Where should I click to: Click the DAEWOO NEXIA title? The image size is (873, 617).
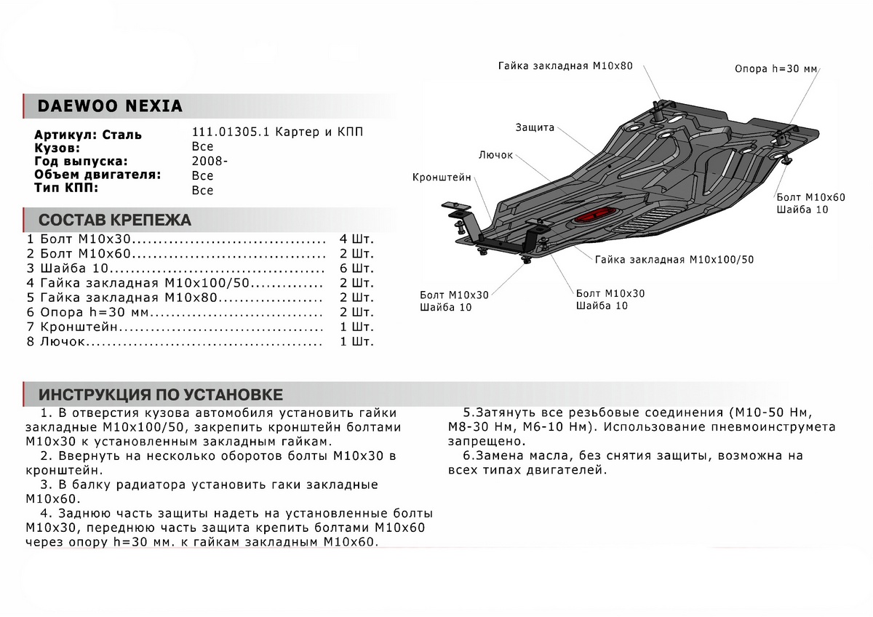(x=110, y=106)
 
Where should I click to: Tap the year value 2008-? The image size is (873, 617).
(x=210, y=162)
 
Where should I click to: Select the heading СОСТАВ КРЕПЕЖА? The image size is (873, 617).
(x=115, y=220)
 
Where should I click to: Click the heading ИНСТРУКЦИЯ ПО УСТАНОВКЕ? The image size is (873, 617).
(x=161, y=395)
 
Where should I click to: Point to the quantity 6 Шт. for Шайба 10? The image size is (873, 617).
(x=356, y=268)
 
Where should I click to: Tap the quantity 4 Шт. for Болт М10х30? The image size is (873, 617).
(x=356, y=239)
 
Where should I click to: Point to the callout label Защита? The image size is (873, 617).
(x=535, y=127)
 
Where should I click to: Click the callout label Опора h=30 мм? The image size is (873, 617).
(x=776, y=69)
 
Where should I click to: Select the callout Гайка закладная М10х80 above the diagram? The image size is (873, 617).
(x=565, y=65)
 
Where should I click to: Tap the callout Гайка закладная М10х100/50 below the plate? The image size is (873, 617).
(x=674, y=259)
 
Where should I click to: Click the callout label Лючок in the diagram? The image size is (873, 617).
(x=496, y=155)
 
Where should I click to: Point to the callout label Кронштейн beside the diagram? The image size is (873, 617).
(x=442, y=177)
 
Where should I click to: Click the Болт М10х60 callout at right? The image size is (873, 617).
(x=810, y=197)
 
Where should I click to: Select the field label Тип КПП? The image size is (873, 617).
(x=65, y=189)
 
